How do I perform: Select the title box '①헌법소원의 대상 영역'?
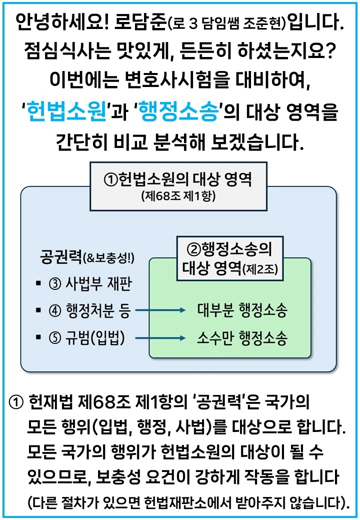[x=178, y=186]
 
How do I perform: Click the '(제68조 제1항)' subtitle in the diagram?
[x=178, y=196]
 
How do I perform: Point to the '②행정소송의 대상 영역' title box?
[x=230, y=258]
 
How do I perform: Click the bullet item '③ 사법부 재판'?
[x=90, y=284]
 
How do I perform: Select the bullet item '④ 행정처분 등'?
[x=89, y=310]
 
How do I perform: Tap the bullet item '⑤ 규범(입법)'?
[x=87, y=338]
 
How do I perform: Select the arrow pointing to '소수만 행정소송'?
[x=160, y=338]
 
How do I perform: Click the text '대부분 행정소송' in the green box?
[x=242, y=310]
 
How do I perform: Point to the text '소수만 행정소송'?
[x=242, y=338]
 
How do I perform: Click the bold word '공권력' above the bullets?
[x=61, y=257]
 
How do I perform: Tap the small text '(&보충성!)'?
[x=108, y=258]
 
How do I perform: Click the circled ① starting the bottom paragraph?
[x=16, y=402]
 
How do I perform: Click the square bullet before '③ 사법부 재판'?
[x=38, y=283]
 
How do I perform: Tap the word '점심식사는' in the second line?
[x=67, y=51]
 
